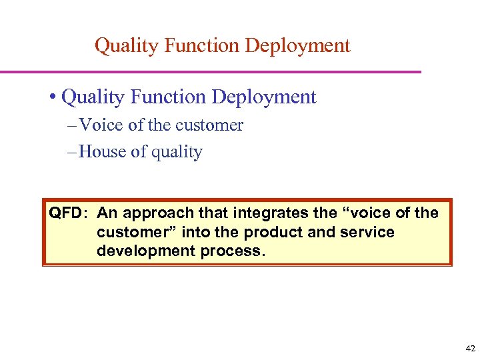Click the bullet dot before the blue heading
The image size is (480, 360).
[x=52, y=97]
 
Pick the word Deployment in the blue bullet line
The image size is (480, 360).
[x=263, y=97]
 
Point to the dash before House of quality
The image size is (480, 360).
[x=71, y=152]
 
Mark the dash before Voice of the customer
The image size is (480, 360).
[x=71, y=125]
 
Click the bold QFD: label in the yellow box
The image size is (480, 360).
[x=68, y=213]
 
